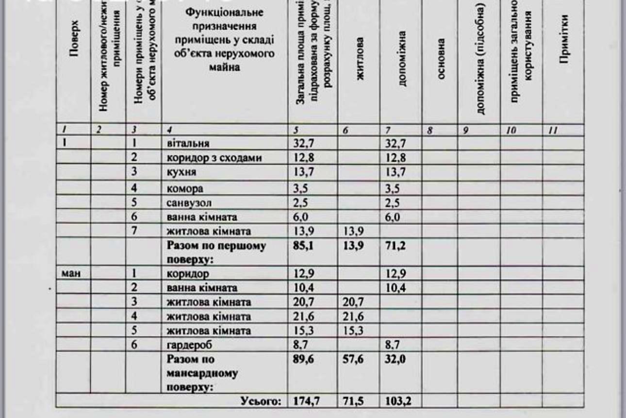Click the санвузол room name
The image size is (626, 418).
click(x=187, y=202)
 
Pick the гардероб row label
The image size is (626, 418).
click(x=186, y=346)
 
